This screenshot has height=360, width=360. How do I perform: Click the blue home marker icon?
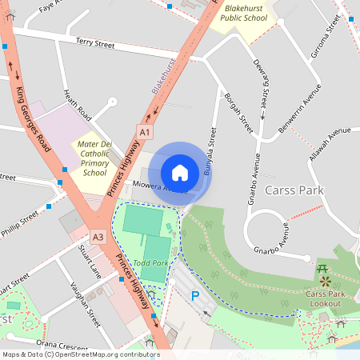pyautogui.click(x=180, y=172)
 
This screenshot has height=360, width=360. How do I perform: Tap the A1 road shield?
pyautogui.click(x=145, y=131)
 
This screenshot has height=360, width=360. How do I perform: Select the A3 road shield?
pyautogui.click(x=98, y=237)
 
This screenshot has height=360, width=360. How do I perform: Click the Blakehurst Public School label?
pyautogui.click(x=243, y=11)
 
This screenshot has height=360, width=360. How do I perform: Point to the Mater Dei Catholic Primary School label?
pyautogui.click(x=94, y=158)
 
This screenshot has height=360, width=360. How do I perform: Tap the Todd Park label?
pyautogui.click(x=150, y=263)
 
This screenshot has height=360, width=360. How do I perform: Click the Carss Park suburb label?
pyautogui.click(x=294, y=190)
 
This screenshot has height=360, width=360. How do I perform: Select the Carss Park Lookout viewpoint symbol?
pyautogui.click(x=325, y=282)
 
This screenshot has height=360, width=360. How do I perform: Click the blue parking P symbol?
pyautogui.click(x=194, y=296)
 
